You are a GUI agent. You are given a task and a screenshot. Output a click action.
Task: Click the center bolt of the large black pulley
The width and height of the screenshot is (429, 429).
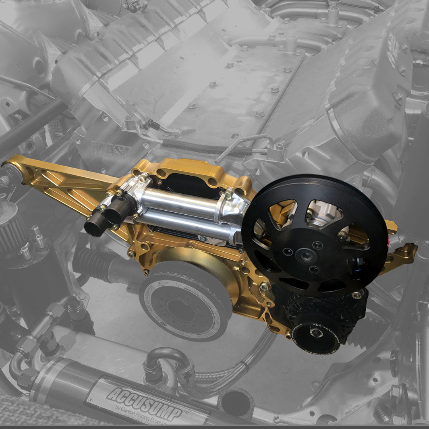pyautogui.click(x=303, y=255)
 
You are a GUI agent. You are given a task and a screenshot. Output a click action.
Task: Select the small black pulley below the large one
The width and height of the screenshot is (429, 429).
pyautogui.click(x=316, y=333)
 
